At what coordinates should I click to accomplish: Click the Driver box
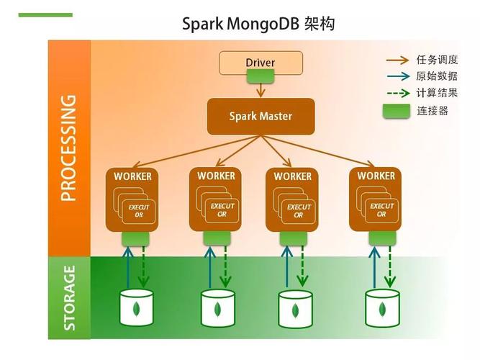click(x=260, y=63)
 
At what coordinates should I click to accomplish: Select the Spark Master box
click(x=261, y=116)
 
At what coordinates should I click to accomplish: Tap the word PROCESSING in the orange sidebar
click(x=68, y=148)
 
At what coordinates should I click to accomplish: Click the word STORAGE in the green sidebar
click(x=69, y=297)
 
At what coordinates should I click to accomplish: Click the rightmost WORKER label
click(x=376, y=176)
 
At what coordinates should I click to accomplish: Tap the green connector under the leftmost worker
click(x=135, y=238)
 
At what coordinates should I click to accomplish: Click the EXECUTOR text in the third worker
click(x=299, y=211)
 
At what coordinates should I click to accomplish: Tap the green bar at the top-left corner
click(x=45, y=14)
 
